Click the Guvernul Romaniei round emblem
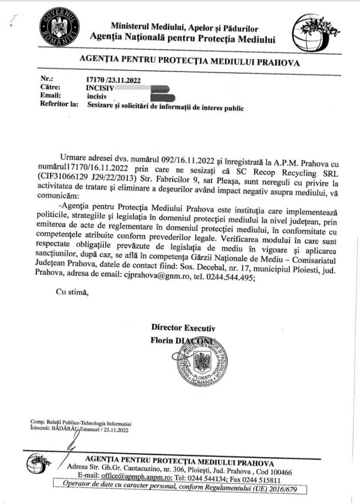[59, 29]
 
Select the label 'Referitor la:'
[57, 104]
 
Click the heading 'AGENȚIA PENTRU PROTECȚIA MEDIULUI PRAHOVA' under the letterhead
[189, 63]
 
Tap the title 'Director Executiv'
[183, 328]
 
